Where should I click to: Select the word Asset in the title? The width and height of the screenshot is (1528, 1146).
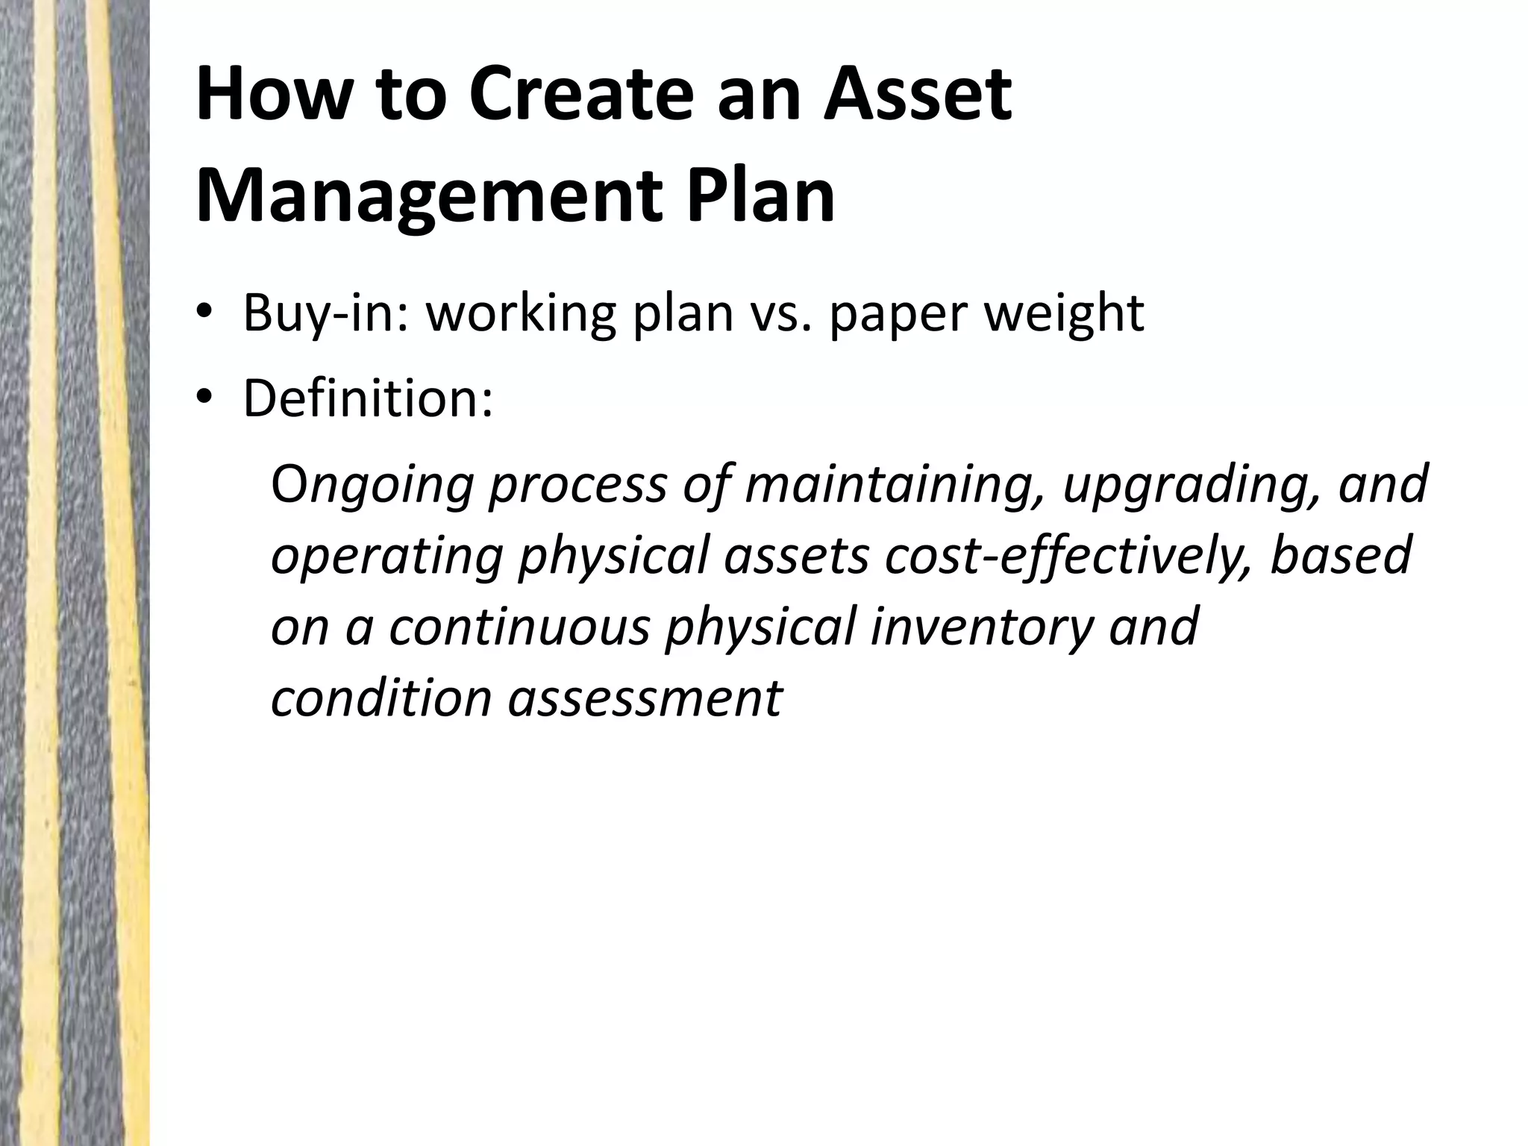click(917, 95)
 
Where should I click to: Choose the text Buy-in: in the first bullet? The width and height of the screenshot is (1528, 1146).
click(325, 313)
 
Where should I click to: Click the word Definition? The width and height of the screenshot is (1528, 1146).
click(368, 398)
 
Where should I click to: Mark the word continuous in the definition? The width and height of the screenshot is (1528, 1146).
click(519, 627)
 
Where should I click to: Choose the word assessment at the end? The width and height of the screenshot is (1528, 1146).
click(646, 698)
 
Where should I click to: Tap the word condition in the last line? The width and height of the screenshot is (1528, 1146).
click(381, 698)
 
